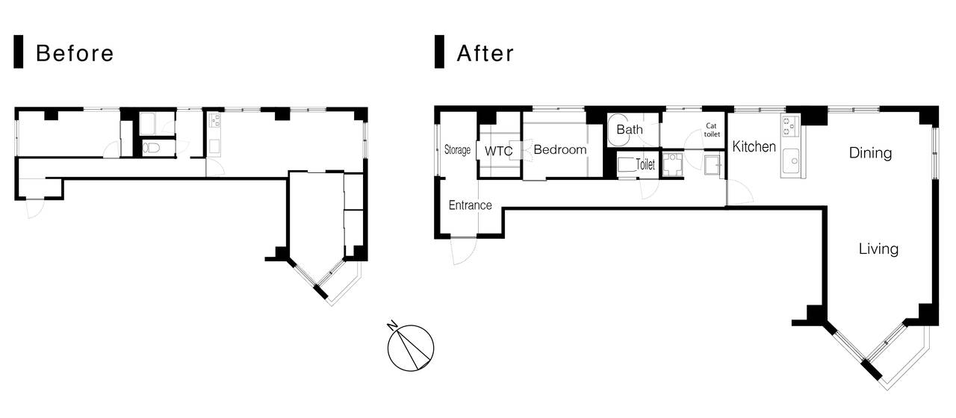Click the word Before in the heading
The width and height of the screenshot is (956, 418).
[75, 54]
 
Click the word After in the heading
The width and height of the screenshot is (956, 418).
[485, 54]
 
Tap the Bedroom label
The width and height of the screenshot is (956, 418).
[560, 150]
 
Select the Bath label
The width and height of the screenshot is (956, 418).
[630, 129]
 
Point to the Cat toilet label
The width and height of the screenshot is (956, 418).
[712, 130]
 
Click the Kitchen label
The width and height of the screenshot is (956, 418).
[754, 147]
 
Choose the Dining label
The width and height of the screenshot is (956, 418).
[870, 153]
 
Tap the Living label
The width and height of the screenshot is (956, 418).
[878, 249]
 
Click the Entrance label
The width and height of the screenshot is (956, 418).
[471, 205]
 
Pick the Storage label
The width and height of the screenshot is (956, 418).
[457, 150]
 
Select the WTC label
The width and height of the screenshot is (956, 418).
[498, 151]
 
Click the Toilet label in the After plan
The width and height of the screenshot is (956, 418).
[645, 164]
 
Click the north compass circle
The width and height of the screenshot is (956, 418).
[411, 348]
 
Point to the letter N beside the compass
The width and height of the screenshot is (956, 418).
[392, 325]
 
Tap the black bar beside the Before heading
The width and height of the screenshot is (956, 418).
[19, 52]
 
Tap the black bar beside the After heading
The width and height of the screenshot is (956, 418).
[439, 52]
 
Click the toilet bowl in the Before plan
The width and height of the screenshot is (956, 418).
[151, 148]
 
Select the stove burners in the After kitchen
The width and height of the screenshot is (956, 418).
[790, 126]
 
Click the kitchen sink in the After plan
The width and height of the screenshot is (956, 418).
[791, 160]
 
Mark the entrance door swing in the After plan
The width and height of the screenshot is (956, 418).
[464, 251]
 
